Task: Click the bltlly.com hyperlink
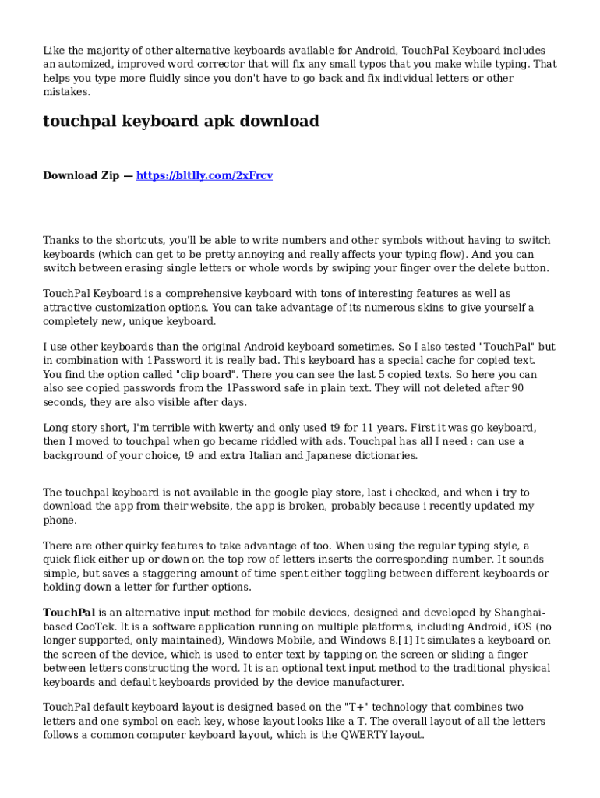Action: coord(204,175)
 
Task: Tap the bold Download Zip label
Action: coord(81,175)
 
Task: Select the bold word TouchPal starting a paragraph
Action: coord(69,613)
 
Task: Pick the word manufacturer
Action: coord(365,682)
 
